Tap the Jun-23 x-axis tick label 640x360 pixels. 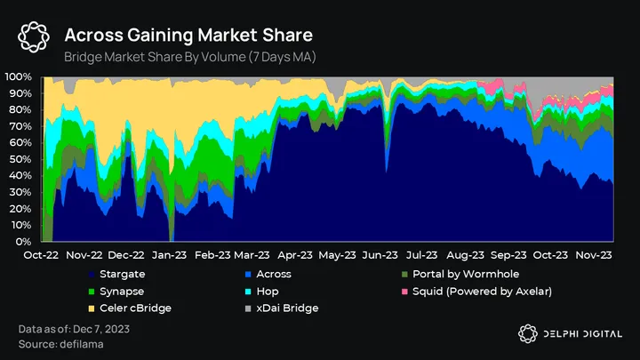[381, 253]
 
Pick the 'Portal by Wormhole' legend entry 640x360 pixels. [466, 274]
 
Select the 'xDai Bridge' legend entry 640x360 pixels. [280, 308]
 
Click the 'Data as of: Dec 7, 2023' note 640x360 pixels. [73, 330]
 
